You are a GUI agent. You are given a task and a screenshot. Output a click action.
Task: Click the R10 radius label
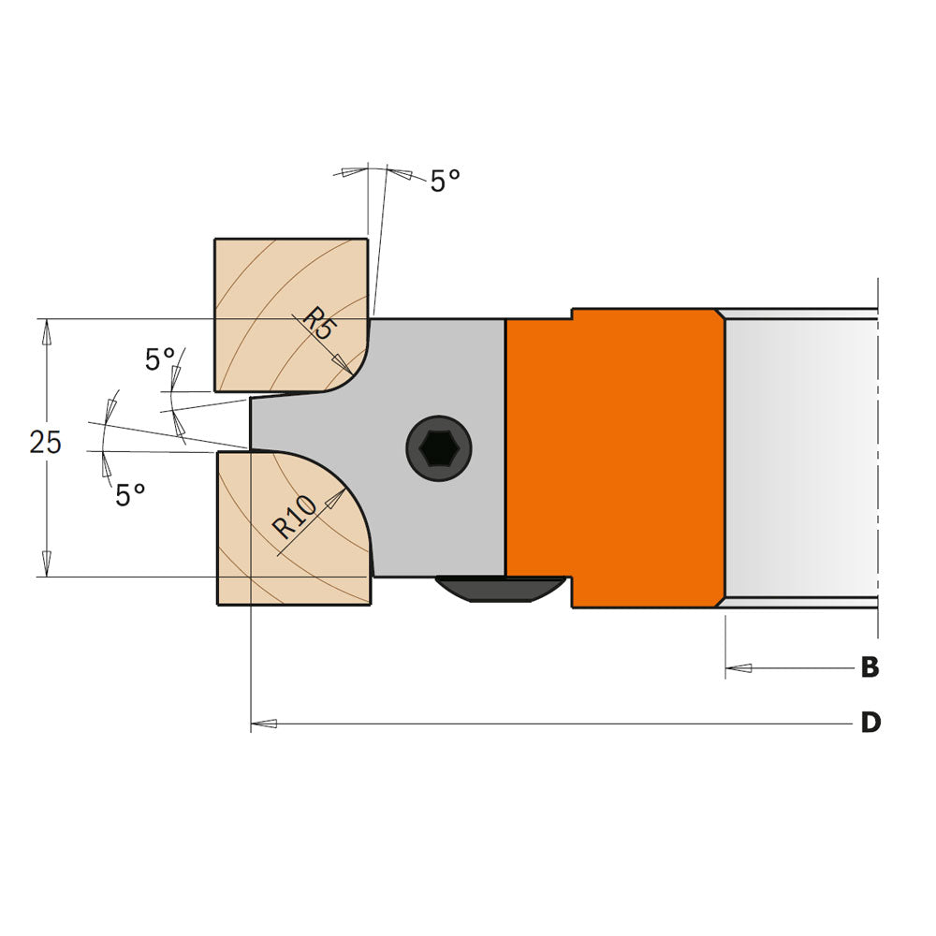point(296,516)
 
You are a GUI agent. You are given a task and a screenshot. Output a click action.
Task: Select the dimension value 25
point(45,442)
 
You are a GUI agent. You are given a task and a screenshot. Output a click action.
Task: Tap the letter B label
point(870,668)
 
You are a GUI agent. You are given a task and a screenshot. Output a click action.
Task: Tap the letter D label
point(870,724)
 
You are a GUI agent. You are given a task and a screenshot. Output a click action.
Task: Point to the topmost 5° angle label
point(445,182)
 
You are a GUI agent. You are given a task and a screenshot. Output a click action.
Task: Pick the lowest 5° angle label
point(130,495)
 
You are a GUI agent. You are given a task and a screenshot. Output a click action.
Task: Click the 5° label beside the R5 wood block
point(160,359)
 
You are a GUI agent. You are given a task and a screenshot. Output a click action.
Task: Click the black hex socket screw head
point(438,448)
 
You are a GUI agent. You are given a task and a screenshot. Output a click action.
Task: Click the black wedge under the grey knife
point(500,590)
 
